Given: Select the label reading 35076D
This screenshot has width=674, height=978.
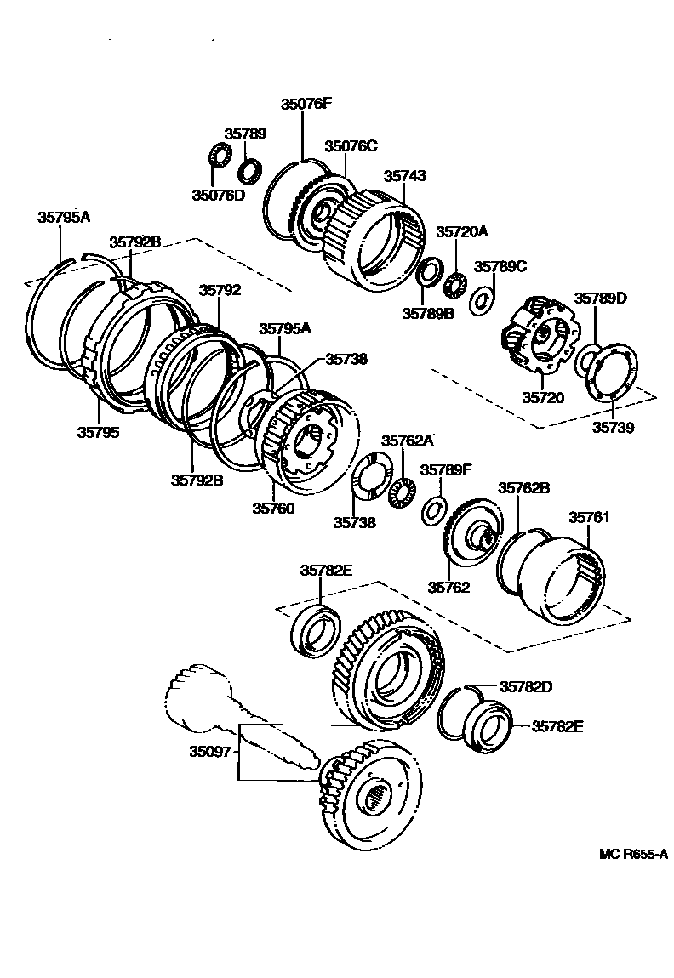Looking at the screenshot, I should click(x=217, y=196).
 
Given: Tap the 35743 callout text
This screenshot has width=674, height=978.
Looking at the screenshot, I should click(x=404, y=176).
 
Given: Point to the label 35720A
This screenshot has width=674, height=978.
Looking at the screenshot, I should click(x=462, y=231).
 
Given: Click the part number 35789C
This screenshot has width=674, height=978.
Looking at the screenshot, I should click(x=500, y=266).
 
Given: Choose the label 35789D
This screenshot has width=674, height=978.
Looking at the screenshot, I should click(x=600, y=298).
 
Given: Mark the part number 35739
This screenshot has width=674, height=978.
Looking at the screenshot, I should click(x=614, y=428).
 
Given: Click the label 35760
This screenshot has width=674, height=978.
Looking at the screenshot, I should click(x=273, y=509).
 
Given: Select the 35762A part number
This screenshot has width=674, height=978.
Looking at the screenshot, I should click(x=407, y=441).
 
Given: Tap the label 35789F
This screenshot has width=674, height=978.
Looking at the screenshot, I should click(x=446, y=469).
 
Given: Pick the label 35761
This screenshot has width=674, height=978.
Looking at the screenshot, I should click(x=590, y=516).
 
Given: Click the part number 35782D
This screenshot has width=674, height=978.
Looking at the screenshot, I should click(x=526, y=686).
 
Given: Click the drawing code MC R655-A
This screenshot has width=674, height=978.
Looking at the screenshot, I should click(x=632, y=855).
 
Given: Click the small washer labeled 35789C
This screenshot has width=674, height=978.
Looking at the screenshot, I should click(x=481, y=299).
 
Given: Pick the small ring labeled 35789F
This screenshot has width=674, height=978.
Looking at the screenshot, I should click(x=433, y=509).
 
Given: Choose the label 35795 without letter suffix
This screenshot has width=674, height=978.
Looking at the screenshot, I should click(x=99, y=432).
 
